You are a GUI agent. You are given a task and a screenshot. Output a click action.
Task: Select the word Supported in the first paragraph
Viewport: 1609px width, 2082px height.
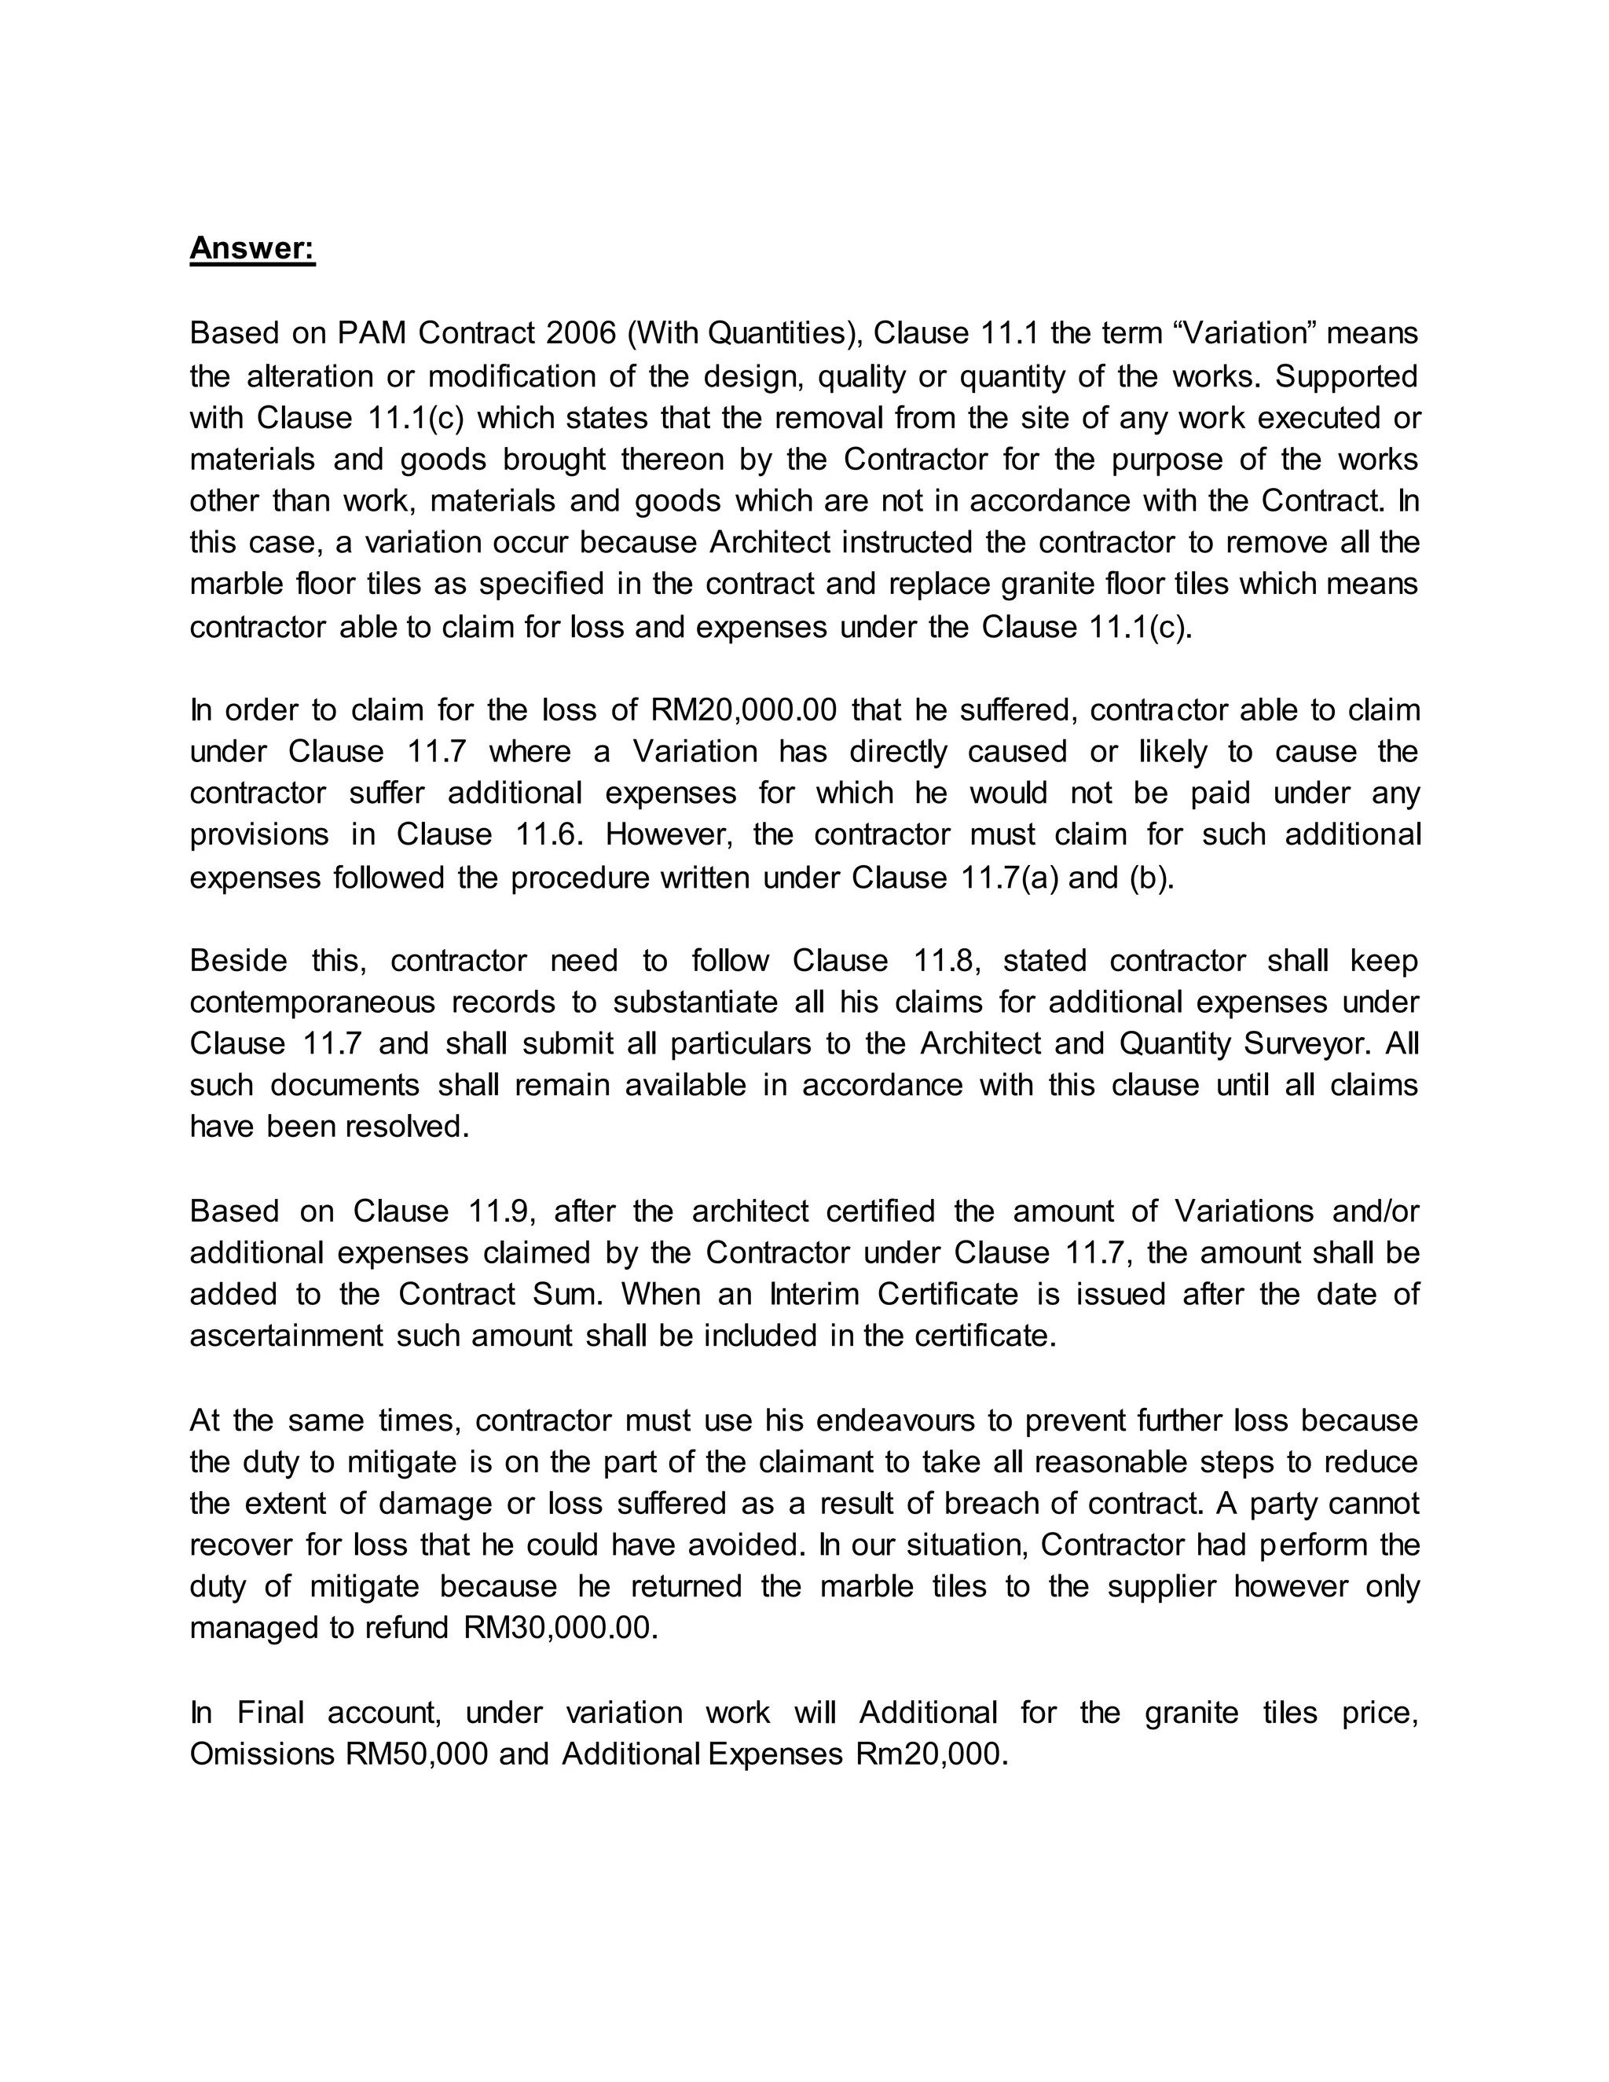coord(1346,376)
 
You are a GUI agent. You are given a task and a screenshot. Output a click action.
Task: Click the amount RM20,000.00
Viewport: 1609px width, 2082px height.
coord(743,710)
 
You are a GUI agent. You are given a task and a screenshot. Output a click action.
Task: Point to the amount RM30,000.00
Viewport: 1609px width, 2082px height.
coord(560,1627)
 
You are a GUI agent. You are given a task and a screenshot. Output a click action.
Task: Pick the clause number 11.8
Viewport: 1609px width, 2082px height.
coord(947,961)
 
